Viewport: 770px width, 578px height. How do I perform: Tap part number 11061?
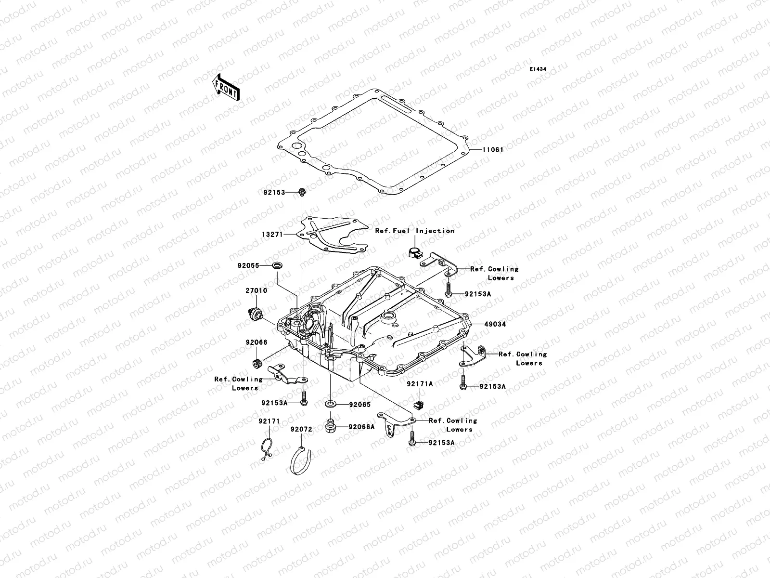[x=493, y=150]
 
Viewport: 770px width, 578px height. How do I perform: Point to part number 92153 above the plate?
[x=274, y=192]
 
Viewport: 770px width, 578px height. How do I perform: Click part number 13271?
[x=274, y=234]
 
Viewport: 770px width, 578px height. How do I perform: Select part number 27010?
[x=257, y=290]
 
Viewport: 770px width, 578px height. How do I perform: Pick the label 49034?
[x=495, y=324]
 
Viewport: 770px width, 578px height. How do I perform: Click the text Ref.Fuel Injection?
[x=415, y=231]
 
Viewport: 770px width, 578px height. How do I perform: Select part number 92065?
[x=360, y=405]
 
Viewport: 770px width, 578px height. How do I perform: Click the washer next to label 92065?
[x=331, y=403]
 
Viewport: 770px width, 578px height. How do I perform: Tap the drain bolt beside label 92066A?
[x=330, y=426]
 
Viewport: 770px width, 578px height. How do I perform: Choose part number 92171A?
[x=419, y=384]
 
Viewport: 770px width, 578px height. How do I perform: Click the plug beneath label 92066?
[x=257, y=362]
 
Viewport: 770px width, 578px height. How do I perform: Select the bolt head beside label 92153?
[x=302, y=193]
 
